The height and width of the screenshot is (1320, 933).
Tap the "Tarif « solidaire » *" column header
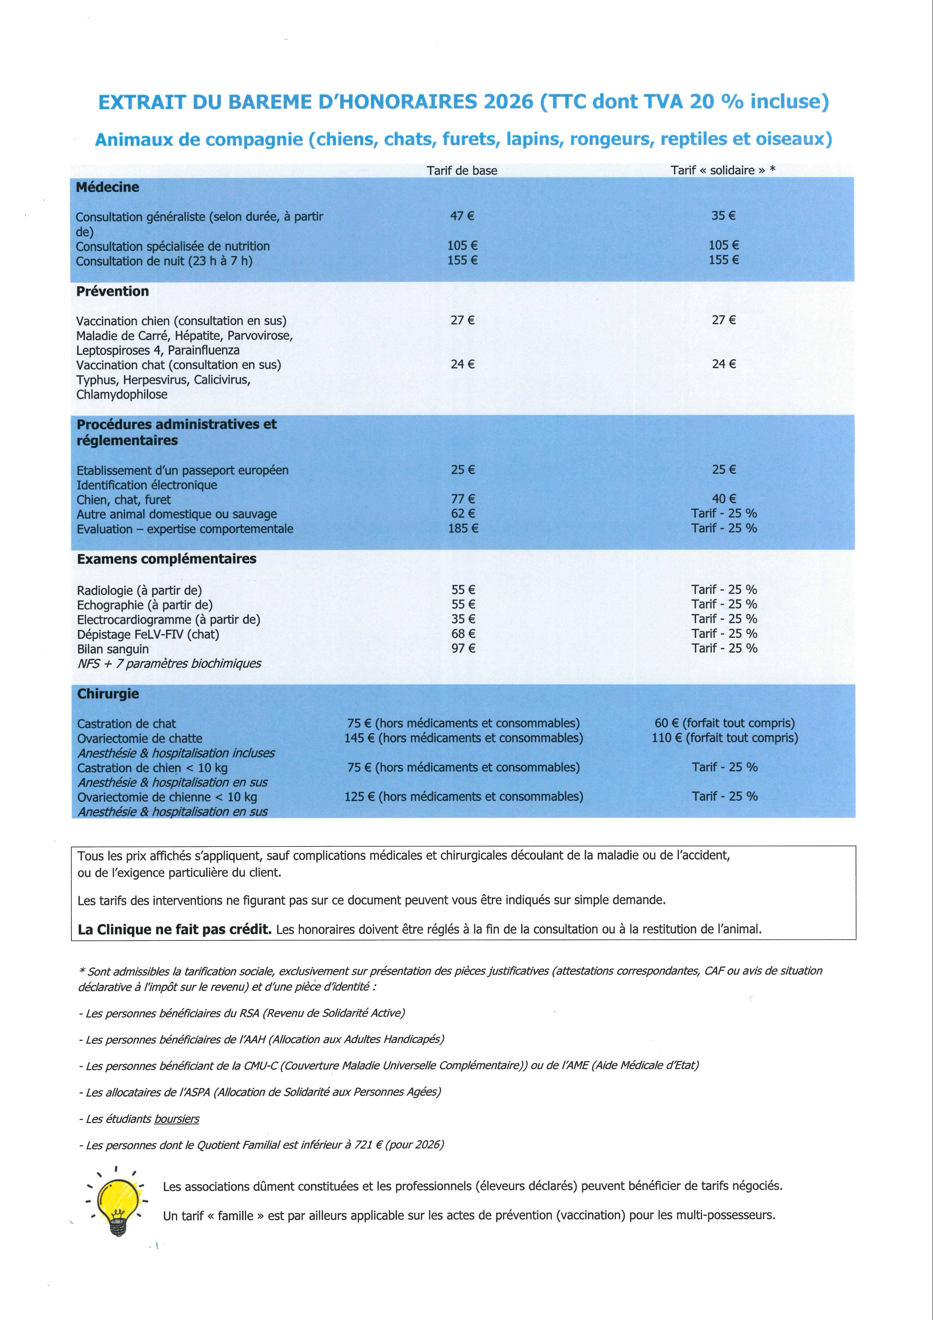[723, 170]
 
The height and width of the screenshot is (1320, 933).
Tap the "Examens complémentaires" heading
[167, 559]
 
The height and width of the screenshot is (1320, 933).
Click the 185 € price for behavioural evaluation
[463, 528]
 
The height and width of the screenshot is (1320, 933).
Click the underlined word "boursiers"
[177, 1119]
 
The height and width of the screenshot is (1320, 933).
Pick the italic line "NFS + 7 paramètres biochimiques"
[169, 663]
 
